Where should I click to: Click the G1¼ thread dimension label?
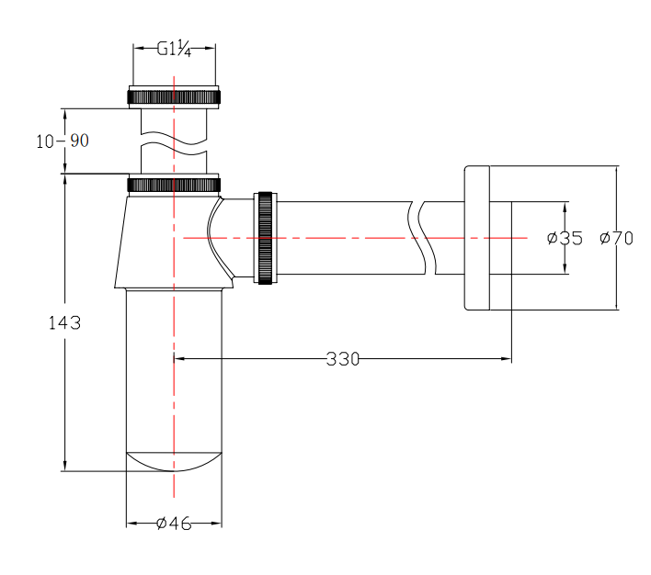[x=174, y=49]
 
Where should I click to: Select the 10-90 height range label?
[x=63, y=141]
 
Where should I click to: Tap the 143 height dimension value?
[x=64, y=322]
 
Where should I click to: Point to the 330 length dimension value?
[x=343, y=359]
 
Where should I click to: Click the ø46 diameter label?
[x=174, y=524]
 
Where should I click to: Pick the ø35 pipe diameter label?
[x=565, y=238]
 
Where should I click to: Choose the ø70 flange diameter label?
[x=617, y=238]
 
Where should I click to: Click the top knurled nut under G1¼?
[x=174, y=97]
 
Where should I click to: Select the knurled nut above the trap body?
[x=174, y=185]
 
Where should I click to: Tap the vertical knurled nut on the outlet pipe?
[x=266, y=238]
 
